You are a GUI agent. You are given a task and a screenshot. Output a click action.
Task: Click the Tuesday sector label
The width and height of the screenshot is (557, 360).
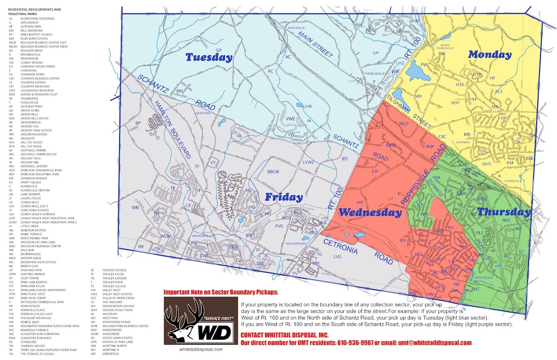point(209,57)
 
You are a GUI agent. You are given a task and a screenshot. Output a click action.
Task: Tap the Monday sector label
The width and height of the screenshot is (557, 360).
point(489,55)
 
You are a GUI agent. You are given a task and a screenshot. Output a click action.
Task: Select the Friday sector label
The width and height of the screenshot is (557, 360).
point(284,197)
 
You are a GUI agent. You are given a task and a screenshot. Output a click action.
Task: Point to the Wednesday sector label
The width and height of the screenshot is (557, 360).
point(370,212)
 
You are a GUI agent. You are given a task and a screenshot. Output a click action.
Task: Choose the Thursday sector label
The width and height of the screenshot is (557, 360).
point(503,212)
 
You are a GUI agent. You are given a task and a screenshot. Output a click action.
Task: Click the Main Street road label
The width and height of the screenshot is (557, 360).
point(315,45)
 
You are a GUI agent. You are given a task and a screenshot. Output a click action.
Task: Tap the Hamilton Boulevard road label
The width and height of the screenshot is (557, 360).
point(173,129)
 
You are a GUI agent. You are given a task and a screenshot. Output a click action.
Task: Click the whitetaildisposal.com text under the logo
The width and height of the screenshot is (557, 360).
point(201,350)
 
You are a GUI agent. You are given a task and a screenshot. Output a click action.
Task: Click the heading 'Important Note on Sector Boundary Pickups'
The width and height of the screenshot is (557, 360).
point(221,292)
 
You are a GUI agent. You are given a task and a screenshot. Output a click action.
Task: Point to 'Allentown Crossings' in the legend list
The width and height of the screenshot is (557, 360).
point(37,18)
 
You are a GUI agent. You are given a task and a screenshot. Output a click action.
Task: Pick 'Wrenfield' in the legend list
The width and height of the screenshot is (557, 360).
point(110,354)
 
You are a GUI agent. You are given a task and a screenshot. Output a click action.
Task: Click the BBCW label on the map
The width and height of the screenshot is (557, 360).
point(273,172)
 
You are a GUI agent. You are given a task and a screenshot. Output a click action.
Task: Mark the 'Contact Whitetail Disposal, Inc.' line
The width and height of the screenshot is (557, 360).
point(284,335)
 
